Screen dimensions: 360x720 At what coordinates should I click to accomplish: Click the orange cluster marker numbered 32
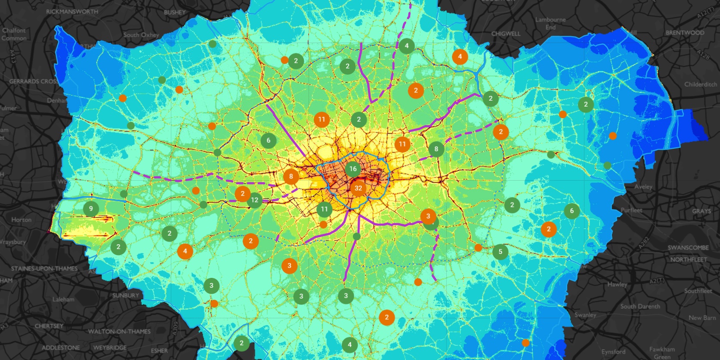tap(358, 188)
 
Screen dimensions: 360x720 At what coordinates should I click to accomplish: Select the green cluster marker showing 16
tap(353, 169)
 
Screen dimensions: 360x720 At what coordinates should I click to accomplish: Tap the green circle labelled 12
tap(255, 200)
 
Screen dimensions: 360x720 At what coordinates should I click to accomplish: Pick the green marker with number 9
tap(91, 209)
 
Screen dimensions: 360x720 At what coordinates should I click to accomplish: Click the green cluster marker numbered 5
tap(500, 252)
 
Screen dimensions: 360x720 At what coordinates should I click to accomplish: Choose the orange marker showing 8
tap(291, 176)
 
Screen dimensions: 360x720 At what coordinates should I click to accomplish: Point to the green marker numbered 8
tap(436, 149)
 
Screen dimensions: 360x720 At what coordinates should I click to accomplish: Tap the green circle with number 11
tap(324, 209)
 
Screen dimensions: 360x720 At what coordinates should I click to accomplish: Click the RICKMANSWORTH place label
tap(72, 12)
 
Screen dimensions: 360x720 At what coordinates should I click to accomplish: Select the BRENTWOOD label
tap(685, 33)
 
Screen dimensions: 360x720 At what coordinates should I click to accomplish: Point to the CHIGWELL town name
tap(506, 34)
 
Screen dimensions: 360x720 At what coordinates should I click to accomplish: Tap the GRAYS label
tap(701, 211)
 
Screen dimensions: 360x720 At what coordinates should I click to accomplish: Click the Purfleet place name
tap(631, 210)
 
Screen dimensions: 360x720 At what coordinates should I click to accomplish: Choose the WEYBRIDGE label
tap(110, 348)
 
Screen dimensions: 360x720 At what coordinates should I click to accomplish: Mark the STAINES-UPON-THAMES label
tap(44, 268)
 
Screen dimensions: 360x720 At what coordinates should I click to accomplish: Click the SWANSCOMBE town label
tap(688, 248)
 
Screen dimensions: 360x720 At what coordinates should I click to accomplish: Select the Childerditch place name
tap(701, 84)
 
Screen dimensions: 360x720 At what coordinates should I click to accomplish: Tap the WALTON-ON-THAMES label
tap(119, 332)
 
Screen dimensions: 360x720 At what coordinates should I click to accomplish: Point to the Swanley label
tap(585, 315)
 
